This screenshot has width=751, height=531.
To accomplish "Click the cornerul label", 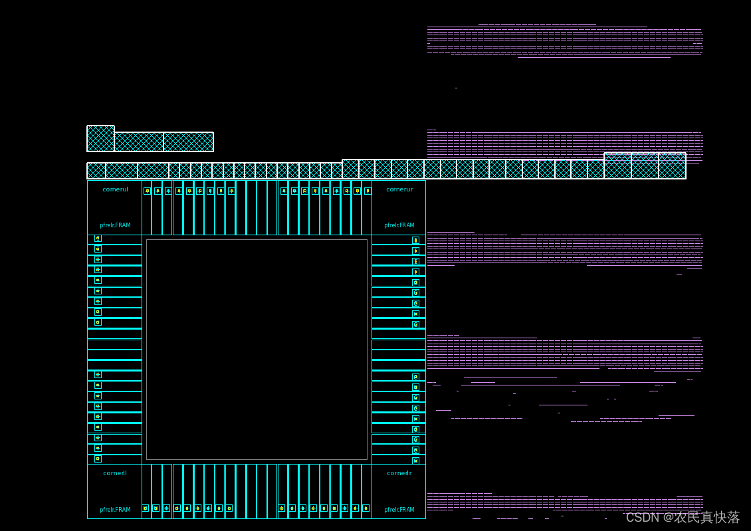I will click(x=115, y=189).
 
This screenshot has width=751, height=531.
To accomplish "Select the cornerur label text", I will click(x=399, y=189).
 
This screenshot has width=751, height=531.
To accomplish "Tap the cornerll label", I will click(x=115, y=473).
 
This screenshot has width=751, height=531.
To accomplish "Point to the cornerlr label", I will click(x=399, y=473).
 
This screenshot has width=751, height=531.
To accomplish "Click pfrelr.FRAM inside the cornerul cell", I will click(x=115, y=225).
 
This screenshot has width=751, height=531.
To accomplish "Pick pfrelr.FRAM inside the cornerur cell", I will click(x=399, y=225).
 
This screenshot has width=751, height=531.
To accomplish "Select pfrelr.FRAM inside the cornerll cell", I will click(x=115, y=510).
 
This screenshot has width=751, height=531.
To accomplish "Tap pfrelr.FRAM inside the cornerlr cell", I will click(x=399, y=510).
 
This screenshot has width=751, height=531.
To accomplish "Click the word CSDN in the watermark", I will click(x=641, y=517).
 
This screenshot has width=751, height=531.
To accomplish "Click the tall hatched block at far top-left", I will click(x=100, y=138).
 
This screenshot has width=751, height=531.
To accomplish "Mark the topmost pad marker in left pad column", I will click(x=98, y=239).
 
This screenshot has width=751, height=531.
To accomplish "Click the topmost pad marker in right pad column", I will click(x=415, y=240).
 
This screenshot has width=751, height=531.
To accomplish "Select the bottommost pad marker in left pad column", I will click(x=98, y=459).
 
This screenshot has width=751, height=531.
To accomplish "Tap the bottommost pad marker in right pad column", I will click(x=415, y=460).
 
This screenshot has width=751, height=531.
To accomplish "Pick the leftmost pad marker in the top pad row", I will click(x=147, y=191).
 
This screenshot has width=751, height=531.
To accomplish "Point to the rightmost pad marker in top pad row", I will click(x=368, y=191).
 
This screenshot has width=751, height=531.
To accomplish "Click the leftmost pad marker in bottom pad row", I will click(x=146, y=508).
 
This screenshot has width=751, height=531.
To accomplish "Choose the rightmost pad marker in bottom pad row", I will click(x=366, y=508).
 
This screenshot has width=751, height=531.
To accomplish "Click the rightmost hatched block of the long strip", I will click(x=672, y=166).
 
